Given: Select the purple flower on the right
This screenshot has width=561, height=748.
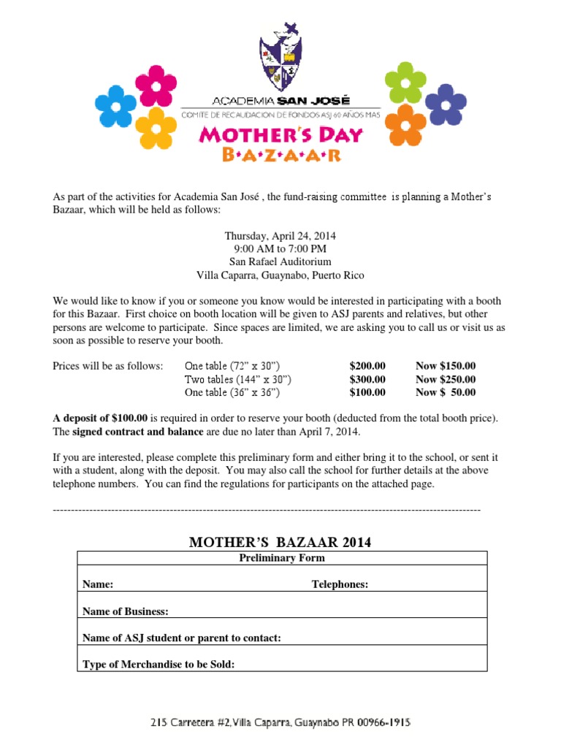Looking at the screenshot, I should tap(445, 104).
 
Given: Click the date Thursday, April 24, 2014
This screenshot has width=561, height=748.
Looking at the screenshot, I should tap(280, 236).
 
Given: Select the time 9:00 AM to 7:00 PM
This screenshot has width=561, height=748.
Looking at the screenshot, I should tap(280, 248).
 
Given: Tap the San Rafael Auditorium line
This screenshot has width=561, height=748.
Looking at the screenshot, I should tap(280, 262).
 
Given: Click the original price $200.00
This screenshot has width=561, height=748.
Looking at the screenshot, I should tap(367, 366).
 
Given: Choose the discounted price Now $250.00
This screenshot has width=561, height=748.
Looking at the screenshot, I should tap(446, 379).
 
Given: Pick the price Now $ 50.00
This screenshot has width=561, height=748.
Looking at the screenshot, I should tap(446, 392).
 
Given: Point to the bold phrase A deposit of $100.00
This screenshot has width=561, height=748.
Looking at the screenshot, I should tap(100, 418).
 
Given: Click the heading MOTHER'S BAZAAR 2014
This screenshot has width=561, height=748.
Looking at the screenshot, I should tap(280, 542).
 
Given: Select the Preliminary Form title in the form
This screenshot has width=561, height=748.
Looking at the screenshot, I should tap(282, 558).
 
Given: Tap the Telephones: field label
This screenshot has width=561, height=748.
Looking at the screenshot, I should tap(340, 584).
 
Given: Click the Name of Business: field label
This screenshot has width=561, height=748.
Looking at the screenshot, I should tap(126, 611).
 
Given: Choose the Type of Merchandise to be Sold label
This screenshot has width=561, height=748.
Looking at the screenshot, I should tap(159, 665).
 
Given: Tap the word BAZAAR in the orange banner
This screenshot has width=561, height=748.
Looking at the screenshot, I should tap(281, 154).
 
